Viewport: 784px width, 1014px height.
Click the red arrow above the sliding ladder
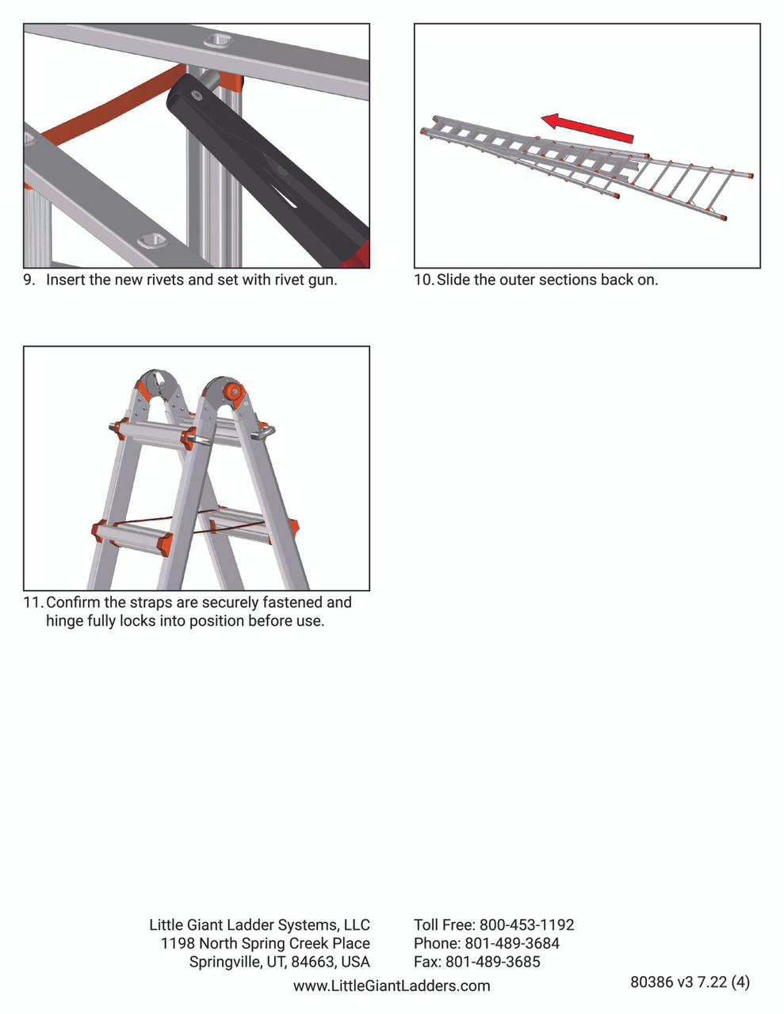(587, 128)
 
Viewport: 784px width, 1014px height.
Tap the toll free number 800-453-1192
(526, 924)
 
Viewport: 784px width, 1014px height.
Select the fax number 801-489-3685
(492, 961)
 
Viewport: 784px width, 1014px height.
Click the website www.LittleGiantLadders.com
(392, 985)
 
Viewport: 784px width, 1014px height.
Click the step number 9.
(29, 280)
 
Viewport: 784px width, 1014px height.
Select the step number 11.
(33, 602)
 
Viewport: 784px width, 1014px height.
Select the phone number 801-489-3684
(512, 943)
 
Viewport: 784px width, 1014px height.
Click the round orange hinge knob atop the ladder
(233, 391)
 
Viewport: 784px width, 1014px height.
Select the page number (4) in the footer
(740, 982)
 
